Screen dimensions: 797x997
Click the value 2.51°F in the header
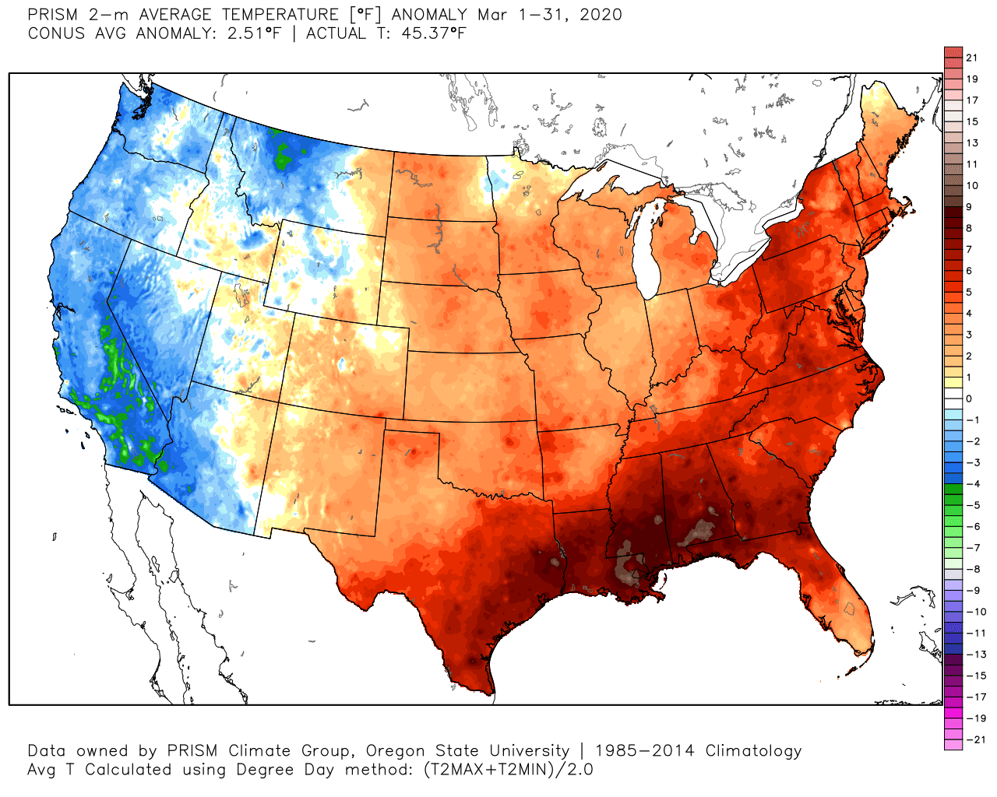coord(252,33)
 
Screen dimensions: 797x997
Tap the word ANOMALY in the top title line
coord(429,15)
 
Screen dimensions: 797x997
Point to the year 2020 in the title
coord(601,15)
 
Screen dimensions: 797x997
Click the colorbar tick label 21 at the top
coord(971,58)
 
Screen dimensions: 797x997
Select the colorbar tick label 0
coord(969,398)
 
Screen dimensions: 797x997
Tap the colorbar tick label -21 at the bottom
coord(975,739)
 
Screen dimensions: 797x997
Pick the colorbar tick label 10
coord(971,185)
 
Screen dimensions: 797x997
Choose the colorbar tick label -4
coord(973,484)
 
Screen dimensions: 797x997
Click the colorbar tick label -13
coord(975,655)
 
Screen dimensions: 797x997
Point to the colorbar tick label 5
coord(969,292)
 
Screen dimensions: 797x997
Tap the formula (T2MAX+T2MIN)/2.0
coord(508,770)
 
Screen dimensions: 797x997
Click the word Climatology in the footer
coord(753,751)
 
